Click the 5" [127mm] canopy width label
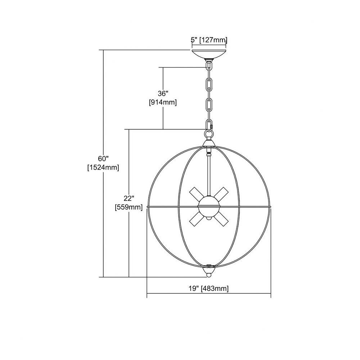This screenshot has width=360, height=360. click(x=209, y=40)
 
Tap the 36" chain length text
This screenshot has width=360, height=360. click(x=163, y=94)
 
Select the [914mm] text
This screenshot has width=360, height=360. click(x=163, y=102)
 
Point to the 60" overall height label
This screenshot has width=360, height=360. click(x=103, y=158)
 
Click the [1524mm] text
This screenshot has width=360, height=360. click(x=103, y=167)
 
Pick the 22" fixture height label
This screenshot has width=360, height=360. click(x=129, y=198)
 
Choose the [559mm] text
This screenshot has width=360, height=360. click(x=129, y=207)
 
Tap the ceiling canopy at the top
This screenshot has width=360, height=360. click(x=209, y=54)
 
